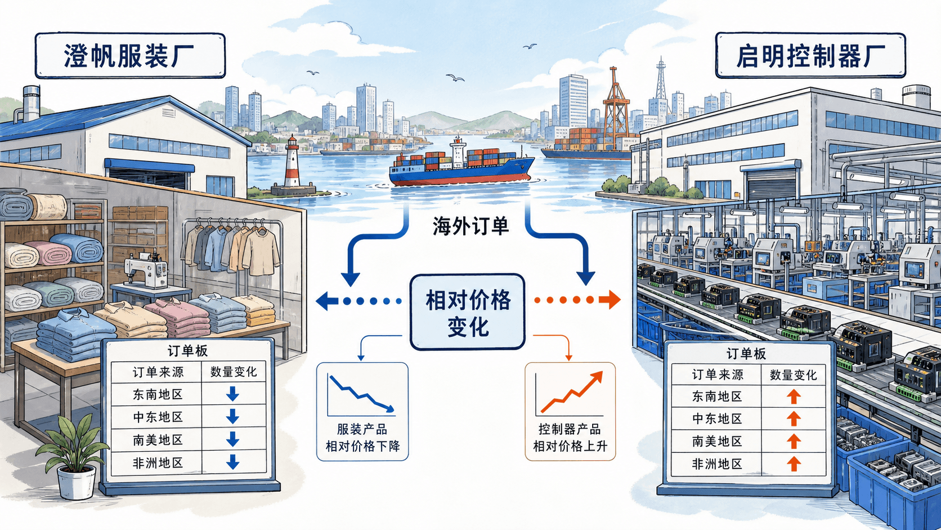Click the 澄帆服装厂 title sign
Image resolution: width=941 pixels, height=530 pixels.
coord(130,56)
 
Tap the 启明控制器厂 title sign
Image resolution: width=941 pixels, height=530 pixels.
coord(810,56)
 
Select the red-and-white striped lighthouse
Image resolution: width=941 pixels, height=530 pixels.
coord(293,164)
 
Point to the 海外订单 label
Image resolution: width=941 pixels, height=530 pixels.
coord(470,226)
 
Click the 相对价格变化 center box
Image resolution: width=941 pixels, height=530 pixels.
coord(468,312)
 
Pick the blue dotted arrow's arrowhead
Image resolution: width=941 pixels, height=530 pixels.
coord(327,301)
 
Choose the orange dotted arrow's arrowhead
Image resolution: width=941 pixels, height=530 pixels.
coord(610,300)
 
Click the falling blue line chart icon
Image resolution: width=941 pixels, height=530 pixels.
coord(361,394)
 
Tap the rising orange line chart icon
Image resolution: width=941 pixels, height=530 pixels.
coord(570,393)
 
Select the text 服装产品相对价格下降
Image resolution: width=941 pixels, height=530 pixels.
coord(362,438)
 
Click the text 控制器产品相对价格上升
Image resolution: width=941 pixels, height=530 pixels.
coord(570,438)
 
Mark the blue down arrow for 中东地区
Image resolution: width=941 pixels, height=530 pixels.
coord(232,417)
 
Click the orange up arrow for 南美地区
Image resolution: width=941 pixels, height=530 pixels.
coord(793,442)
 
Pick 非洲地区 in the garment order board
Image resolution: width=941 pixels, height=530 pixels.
coord(158,463)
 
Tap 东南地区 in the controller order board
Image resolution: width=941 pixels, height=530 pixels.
coord(717,396)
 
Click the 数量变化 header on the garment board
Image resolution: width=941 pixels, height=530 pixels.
coord(233,372)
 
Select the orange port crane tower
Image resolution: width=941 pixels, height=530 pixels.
coord(616,109)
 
